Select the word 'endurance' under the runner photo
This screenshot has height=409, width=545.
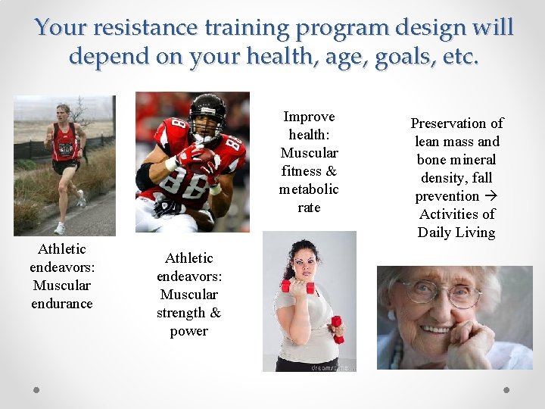tap(61, 304)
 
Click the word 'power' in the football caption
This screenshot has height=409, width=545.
tap(188, 331)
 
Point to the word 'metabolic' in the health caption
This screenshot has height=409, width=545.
tap(309, 189)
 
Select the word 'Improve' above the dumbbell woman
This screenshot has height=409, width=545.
tap(309, 117)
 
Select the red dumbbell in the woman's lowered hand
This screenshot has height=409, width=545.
tap(337, 329)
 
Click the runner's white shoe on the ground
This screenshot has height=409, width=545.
tap(59, 228)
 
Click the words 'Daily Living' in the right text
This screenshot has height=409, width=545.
tap(456, 233)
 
